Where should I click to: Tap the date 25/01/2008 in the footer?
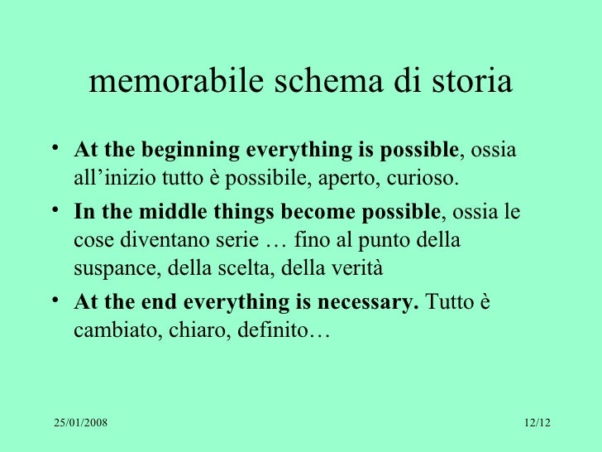coord(81,424)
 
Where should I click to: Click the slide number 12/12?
coord(537,424)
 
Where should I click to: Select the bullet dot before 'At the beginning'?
coord(54,149)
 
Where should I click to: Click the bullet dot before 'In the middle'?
coord(54,209)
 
